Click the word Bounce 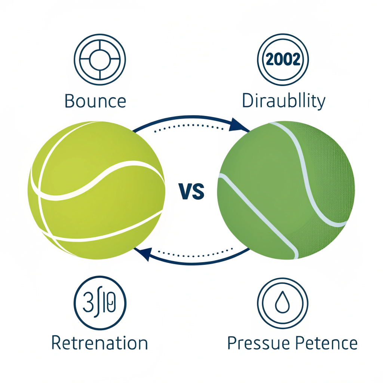point(95,101)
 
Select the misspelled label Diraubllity point(284,101)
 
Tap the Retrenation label point(99,343)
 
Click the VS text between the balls point(191,191)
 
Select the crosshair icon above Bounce point(99,59)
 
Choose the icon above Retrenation point(99,301)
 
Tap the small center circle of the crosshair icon point(99,59)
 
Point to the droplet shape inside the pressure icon point(283,303)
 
